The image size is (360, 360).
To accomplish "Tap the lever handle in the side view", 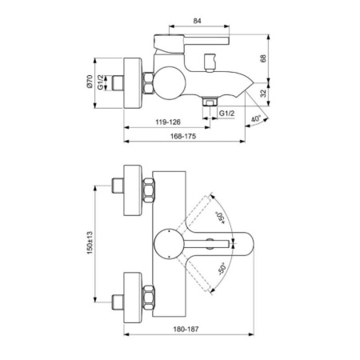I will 192,38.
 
